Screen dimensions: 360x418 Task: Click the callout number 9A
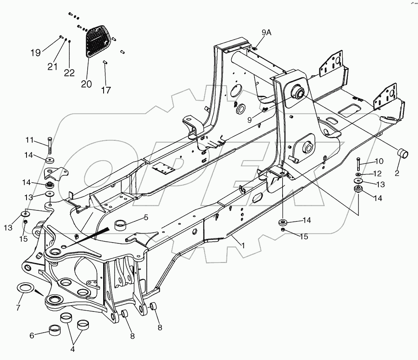(266, 33)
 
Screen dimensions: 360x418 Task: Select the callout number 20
(86, 84)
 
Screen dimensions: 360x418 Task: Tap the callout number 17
(106, 90)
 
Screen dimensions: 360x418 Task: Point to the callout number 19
(36, 53)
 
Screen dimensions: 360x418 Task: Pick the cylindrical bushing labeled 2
(403, 154)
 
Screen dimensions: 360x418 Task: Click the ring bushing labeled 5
(121, 224)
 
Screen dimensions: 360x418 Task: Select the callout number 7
(18, 307)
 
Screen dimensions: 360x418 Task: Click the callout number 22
(69, 73)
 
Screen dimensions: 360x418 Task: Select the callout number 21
(52, 66)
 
